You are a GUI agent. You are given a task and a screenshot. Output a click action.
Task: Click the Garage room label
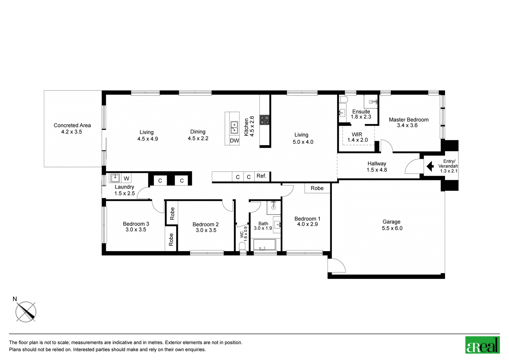coord(391,222)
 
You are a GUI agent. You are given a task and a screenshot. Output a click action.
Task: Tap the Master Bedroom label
coord(408,120)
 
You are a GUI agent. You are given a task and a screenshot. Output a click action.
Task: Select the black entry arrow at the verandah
coord(430,166)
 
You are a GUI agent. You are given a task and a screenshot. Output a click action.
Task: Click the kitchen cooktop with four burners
coord(264,120)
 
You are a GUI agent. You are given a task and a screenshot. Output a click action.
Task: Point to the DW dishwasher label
coord(234,141)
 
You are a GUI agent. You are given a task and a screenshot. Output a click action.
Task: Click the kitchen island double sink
coord(234,127)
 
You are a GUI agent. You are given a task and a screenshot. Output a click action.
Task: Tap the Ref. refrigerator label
coord(261,176)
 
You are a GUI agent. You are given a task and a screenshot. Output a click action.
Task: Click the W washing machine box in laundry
coord(126,178)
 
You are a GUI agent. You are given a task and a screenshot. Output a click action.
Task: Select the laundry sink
coord(115,178)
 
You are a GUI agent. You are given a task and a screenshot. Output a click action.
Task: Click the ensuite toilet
coord(343,100)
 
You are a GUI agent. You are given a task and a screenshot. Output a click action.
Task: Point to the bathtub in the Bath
coord(264,245)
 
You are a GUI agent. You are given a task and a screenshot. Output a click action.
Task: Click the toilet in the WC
coord(242,246)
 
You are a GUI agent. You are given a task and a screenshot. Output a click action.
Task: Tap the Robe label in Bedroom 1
coord(317,188)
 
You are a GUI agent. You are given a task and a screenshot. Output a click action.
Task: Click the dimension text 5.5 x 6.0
coord(392,228)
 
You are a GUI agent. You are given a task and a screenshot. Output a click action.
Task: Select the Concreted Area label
coord(72,125)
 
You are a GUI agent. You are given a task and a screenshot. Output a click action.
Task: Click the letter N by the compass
coord(15,299)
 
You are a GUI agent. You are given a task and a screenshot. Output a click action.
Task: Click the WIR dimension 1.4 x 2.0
coord(358,140)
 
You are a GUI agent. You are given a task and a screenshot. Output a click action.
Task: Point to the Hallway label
coord(377,164)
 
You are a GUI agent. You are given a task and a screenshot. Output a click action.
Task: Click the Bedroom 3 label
coord(136,224)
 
